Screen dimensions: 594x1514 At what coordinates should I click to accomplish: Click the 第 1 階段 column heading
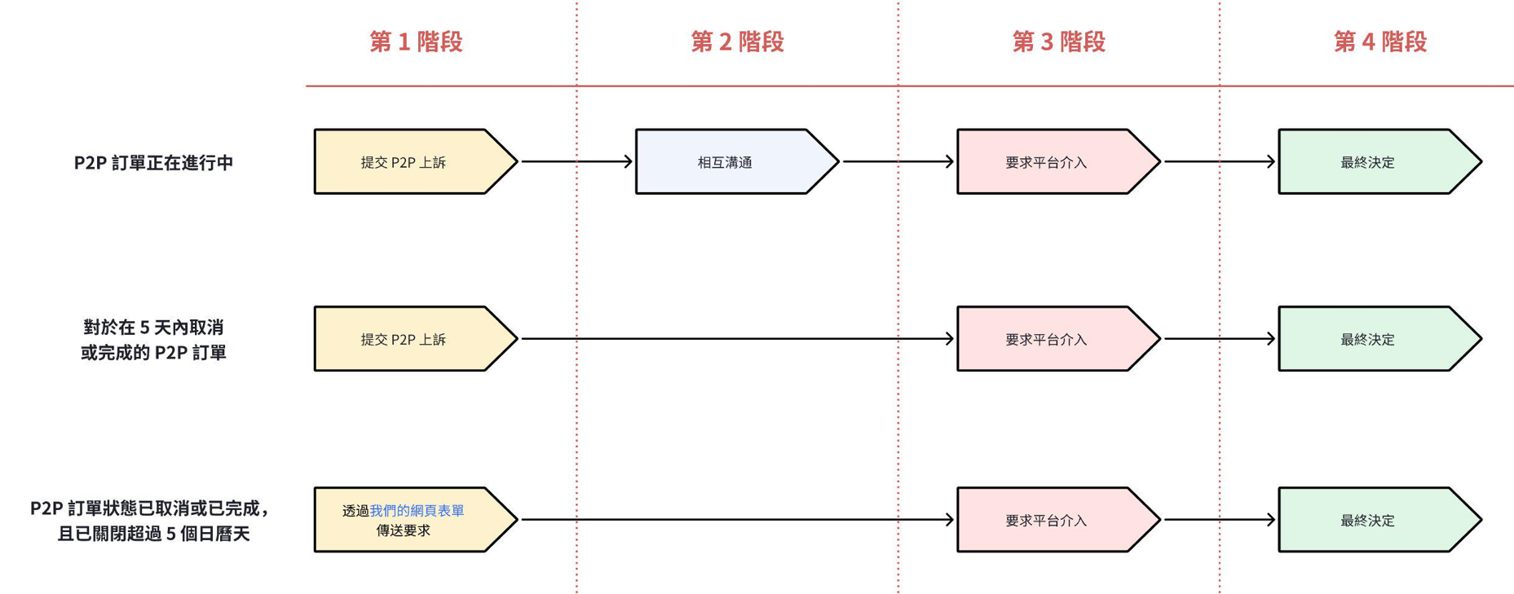click(x=416, y=42)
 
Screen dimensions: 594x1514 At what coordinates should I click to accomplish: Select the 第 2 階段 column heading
click(x=737, y=42)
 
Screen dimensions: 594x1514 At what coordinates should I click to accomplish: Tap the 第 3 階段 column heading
click(x=1058, y=42)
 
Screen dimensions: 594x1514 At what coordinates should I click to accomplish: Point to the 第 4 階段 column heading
click(x=1379, y=42)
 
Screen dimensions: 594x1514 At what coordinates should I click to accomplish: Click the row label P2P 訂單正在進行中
click(x=153, y=162)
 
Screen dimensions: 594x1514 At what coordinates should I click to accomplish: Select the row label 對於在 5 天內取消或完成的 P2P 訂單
click(x=153, y=340)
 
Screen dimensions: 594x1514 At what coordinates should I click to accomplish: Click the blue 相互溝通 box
click(x=726, y=162)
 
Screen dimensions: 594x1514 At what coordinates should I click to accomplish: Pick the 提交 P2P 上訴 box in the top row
click(x=404, y=162)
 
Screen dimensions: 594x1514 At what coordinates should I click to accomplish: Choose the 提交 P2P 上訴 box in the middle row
click(x=404, y=339)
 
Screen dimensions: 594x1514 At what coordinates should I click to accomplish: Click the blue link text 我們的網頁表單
click(x=417, y=511)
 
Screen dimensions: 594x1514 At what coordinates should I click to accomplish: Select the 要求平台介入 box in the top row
click(x=1047, y=162)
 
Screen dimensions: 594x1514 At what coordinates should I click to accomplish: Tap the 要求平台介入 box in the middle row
click(x=1047, y=339)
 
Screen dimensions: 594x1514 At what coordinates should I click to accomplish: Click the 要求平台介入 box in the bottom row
click(x=1047, y=520)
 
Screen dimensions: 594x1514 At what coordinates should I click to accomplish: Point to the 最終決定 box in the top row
click(x=1368, y=162)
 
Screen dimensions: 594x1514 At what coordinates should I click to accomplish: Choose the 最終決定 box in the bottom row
click(x=1368, y=520)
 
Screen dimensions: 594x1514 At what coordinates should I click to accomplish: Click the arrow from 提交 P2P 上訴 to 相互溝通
click(x=576, y=161)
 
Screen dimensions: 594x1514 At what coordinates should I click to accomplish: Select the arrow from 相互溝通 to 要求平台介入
click(x=898, y=161)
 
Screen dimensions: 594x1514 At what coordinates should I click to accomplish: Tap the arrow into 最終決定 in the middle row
click(x=1219, y=338)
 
